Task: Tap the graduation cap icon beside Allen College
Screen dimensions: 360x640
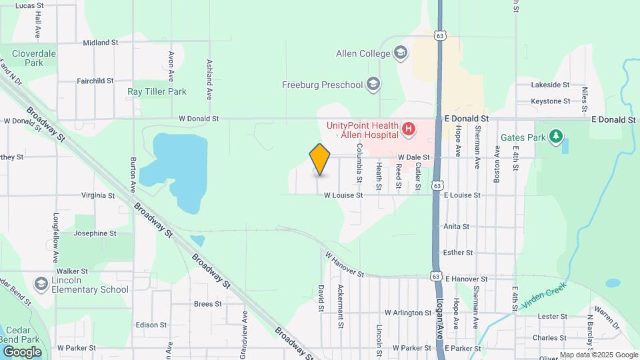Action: pyautogui.click(x=401, y=53)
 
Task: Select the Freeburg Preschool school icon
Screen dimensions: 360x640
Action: pyautogui.click(x=373, y=85)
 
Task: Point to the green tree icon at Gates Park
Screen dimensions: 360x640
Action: pyautogui.click(x=555, y=137)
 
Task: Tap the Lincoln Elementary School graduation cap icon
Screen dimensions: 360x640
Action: pyautogui.click(x=41, y=285)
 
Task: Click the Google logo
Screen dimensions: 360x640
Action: pyautogui.click(x=22, y=352)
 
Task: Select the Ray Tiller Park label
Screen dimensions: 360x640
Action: pyautogui.click(x=157, y=91)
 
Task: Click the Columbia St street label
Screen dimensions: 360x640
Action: pyautogui.click(x=359, y=163)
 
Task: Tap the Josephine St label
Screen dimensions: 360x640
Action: pyautogui.click(x=95, y=234)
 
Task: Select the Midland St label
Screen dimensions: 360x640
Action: pyautogui.click(x=101, y=43)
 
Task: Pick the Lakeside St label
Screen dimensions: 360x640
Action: pyautogui.click(x=550, y=85)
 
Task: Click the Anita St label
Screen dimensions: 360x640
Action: pyautogui.click(x=457, y=227)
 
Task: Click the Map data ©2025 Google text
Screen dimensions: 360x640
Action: pyautogui.click(x=599, y=355)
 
